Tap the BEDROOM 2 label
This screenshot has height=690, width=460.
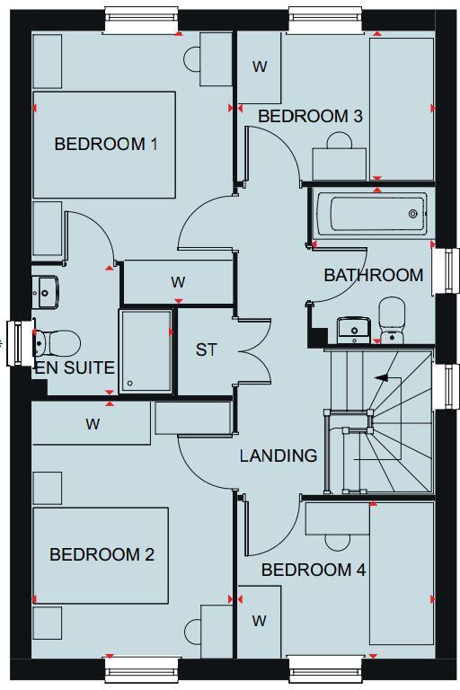point(102,554)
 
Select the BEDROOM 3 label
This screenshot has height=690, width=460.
point(310,116)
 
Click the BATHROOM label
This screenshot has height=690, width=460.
point(374,275)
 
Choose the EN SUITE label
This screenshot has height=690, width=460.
point(75,367)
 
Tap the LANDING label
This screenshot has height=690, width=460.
point(279,456)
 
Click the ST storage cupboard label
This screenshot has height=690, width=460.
point(207,349)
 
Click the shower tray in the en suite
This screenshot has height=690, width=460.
point(145,350)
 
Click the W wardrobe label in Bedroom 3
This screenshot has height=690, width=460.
point(260,66)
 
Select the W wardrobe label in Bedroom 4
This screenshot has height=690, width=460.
point(260,620)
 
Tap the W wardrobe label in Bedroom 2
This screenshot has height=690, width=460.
point(93,424)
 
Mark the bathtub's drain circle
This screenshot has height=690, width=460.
point(413,214)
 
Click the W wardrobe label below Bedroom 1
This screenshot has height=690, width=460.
point(178,282)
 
